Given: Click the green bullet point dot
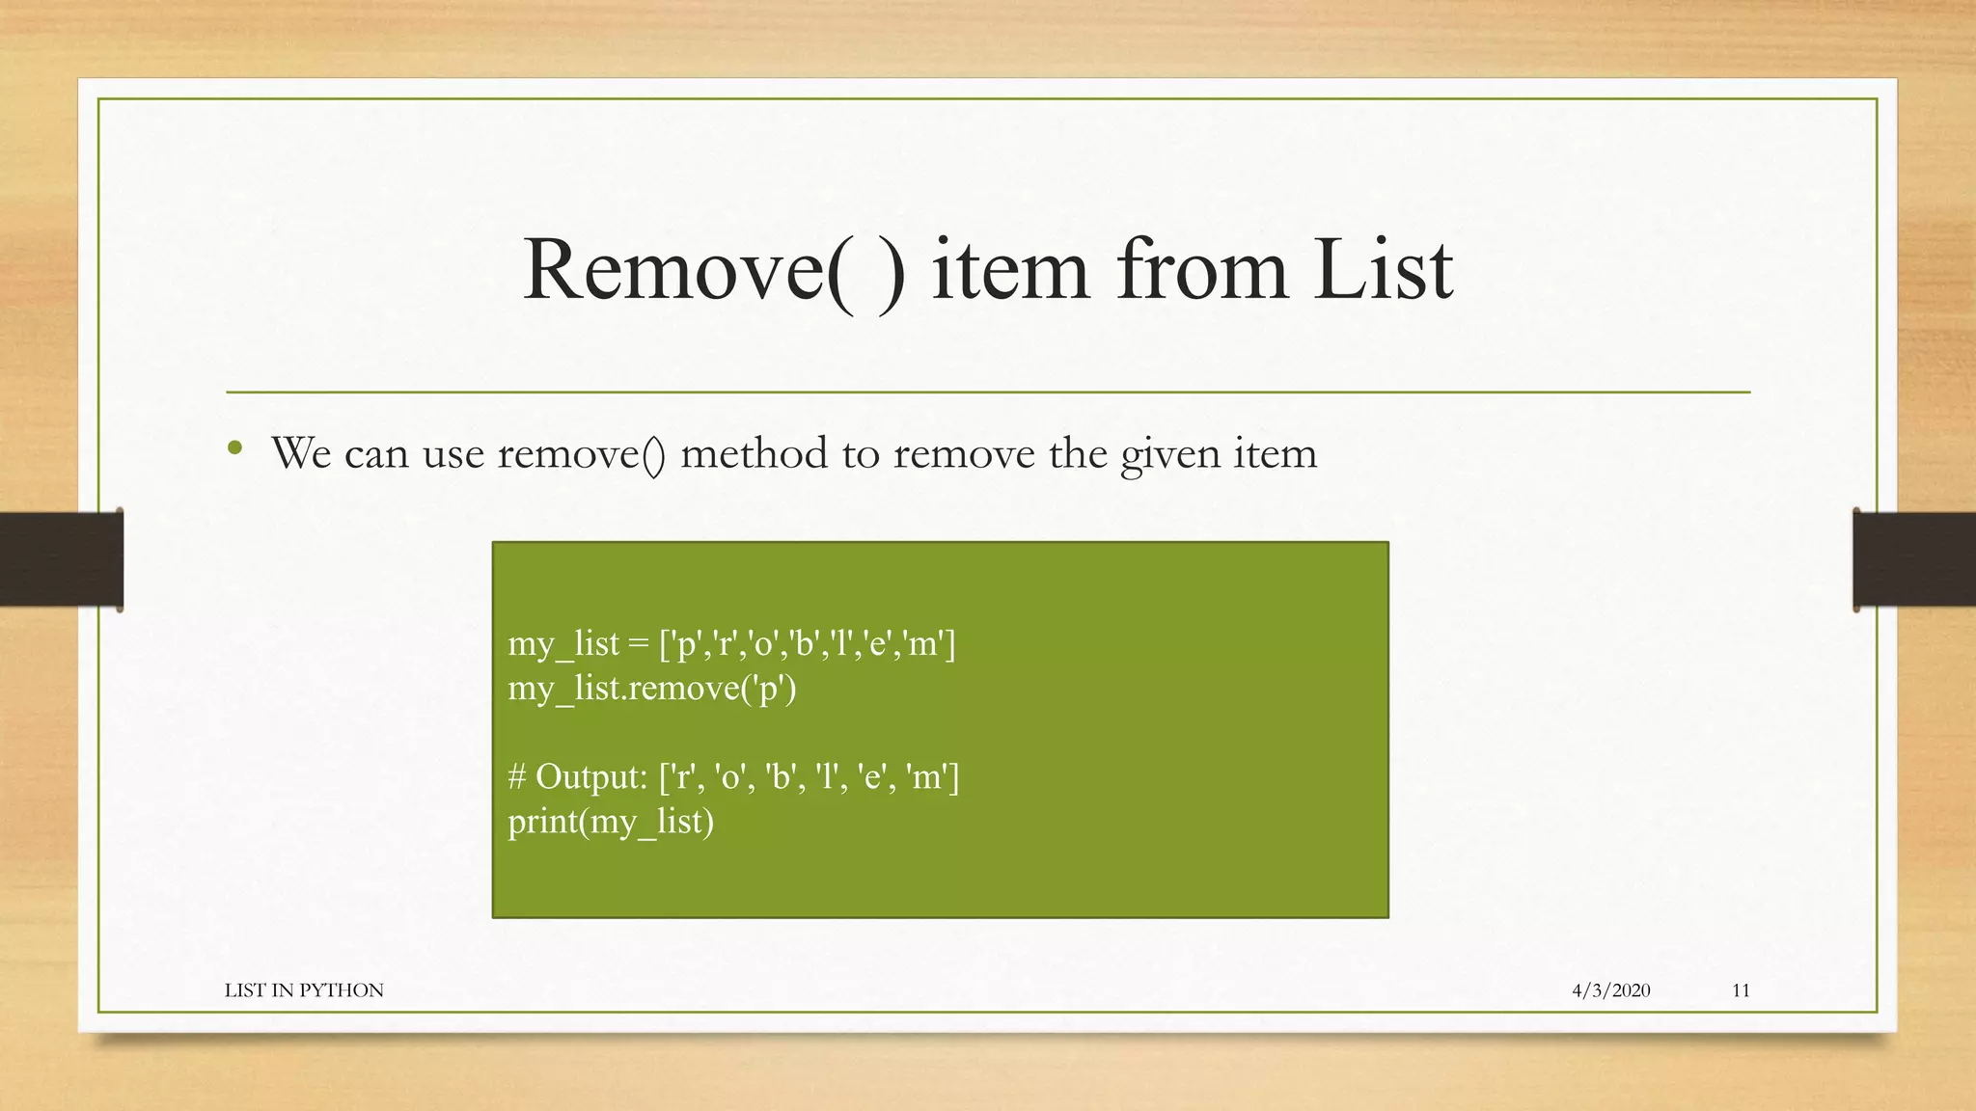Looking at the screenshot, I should tap(234, 447).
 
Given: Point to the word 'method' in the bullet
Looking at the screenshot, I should tap(754, 453).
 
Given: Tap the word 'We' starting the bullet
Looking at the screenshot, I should tap(301, 453).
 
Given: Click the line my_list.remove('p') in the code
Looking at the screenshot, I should tap(652, 689).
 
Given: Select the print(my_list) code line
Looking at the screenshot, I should tap(611, 822).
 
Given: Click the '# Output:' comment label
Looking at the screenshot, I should tap(578, 776).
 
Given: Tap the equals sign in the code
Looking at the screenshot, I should tap(638, 644).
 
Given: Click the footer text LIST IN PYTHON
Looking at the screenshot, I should tap(304, 990).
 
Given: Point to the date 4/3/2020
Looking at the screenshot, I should tap(1610, 990).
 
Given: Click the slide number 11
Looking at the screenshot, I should tap(1741, 990).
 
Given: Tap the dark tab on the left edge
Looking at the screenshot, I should tap(61, 559).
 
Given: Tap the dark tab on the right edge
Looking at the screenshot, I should tap(1914, 559).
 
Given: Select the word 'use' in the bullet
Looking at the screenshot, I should tap(453, 453).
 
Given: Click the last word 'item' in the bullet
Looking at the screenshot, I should tap(1275, 453).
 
